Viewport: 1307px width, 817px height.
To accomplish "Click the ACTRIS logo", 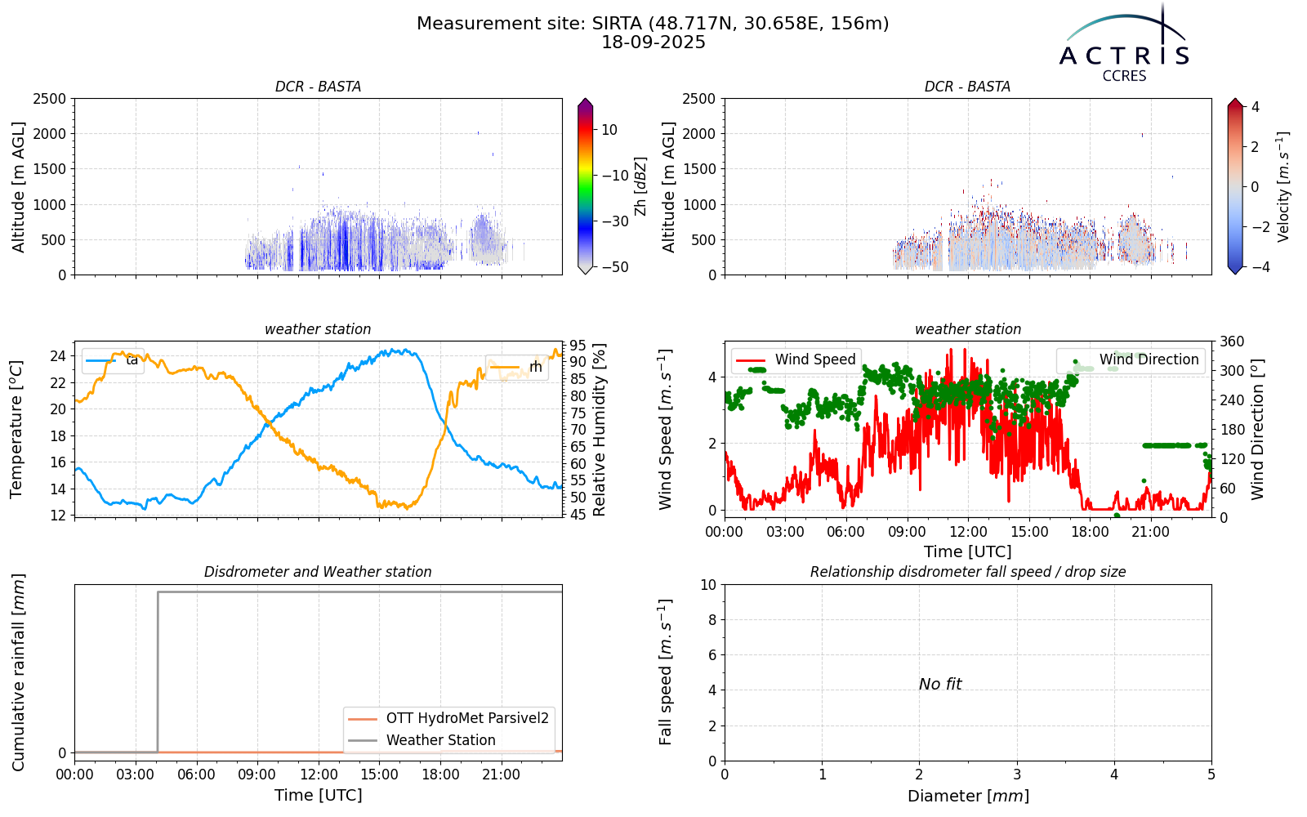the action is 1124,44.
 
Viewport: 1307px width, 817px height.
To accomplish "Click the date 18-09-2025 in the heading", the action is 653,42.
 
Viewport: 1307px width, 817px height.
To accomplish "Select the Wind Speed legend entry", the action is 796,359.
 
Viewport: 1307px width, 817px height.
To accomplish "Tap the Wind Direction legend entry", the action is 1131,359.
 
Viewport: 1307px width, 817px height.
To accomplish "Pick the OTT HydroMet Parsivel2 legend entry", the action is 448,718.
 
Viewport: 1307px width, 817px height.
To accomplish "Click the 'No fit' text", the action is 940,684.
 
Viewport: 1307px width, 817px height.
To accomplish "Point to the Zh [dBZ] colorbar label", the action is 640,186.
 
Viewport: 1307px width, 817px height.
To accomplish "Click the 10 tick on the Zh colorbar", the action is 609,130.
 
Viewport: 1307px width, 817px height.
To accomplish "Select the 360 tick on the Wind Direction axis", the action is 1233,342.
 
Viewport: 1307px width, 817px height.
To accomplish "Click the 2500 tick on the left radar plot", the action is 50,99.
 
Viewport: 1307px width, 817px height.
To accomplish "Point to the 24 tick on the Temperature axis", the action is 59,356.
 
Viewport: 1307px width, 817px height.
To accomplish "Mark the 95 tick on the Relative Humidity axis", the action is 578,346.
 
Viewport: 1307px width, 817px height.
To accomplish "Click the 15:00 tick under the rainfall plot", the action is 379,775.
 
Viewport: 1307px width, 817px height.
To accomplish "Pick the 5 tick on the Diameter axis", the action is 1211,775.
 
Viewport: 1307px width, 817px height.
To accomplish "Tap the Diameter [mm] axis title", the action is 968,796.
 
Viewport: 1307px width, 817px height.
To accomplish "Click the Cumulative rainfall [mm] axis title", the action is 18,672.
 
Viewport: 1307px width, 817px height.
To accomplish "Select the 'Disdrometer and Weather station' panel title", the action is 318,572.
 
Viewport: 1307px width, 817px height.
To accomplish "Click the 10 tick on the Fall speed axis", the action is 708,585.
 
